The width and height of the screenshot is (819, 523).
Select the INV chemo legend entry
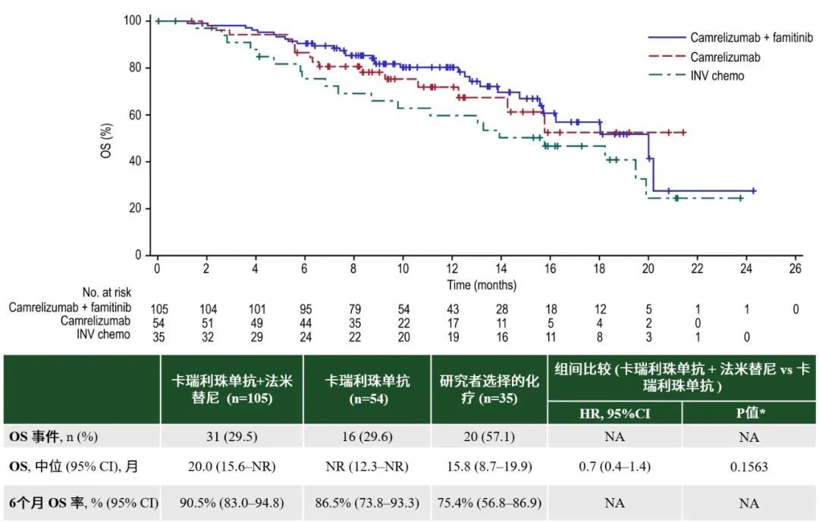(717, 76)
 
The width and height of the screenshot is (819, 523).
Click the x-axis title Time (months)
(481, 286)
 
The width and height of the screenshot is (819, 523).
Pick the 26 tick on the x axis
(795, 269)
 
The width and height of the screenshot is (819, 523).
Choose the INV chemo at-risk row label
(104, 334)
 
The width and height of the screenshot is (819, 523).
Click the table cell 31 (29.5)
(231, 437)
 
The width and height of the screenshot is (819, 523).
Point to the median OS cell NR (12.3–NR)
(366, 467)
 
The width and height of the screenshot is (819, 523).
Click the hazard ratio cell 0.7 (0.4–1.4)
(614, 467)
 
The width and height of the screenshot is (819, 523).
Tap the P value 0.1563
(748, 467)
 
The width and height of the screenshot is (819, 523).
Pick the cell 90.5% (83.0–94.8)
(231, 503)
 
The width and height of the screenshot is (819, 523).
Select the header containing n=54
(366, 389)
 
